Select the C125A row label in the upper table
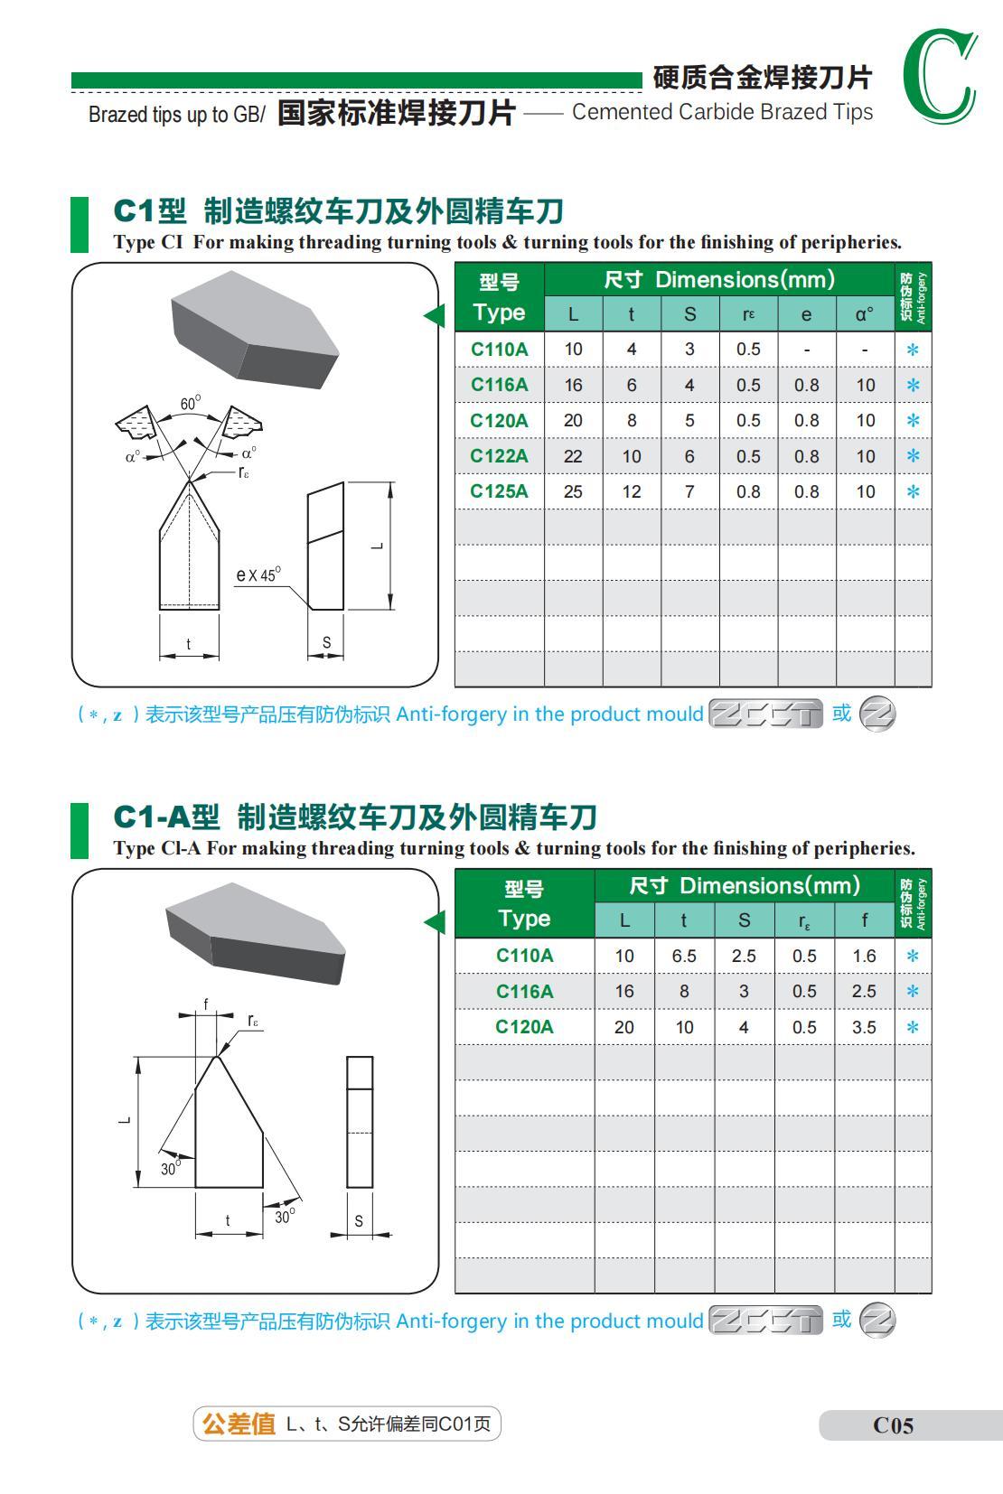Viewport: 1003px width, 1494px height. pyautogui.click(x=499, y=491)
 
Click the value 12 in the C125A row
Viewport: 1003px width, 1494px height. pyautogui.click(x=632, y=491)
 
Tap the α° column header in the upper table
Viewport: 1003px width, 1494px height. pyautogui.click(x=865, y=314)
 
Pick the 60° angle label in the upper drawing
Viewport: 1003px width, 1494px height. pyautogui.click(x=190, y=404)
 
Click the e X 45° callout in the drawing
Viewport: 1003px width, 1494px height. pyautogui.click(x=258, y=574)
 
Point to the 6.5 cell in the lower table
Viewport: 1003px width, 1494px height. pyautogui.click(x=684, y=956)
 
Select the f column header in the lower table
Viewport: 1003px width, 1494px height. pyautogui.click(x=864, y=920)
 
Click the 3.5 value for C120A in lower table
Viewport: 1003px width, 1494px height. pyautogui.click(x=864, y=1027)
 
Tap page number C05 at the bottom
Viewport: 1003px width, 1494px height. pyautogui.click(x=893, y=1425)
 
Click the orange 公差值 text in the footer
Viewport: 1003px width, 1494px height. pyautogui.click(x=239, y=1424)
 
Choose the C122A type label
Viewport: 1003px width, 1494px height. pyautogui.click(x=499, y=456)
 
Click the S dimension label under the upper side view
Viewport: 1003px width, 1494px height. pyautogui.click(x=326, y=642)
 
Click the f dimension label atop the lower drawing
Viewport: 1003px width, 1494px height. pyautogui.click(x=206, y=1004)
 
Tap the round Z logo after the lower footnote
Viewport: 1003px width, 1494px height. pyautogui.click(x=876, y=1321)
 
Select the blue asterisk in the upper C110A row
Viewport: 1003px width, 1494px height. pyautogui.click(x=913, y=350)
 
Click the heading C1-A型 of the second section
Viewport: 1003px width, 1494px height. pyautogui.click(x=166, y=817)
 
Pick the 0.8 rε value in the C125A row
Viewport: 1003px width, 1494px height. pyautogui.click(x=748, y=491)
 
